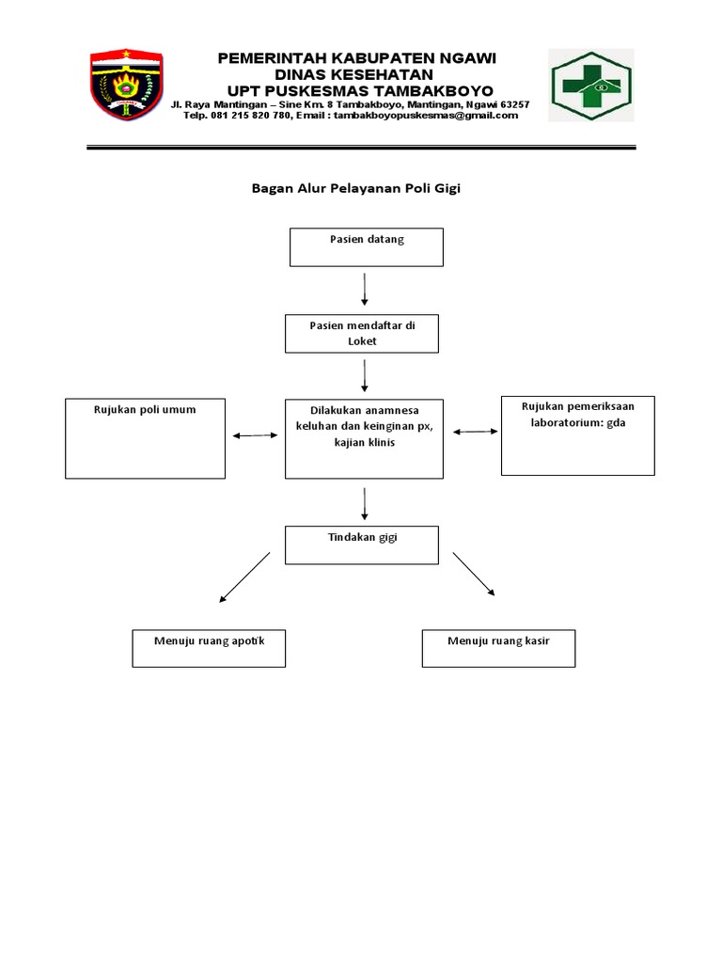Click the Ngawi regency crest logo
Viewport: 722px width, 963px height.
(127, 85)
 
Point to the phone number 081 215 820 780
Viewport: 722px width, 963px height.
(239, 116)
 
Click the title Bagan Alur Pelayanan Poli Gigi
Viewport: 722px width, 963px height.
(355, 188)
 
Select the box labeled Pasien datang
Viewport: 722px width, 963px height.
(366, 246)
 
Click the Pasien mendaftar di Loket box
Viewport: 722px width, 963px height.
(362, 334)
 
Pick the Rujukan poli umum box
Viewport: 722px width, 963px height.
(145, 437)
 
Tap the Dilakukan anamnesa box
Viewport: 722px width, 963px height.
(364, 437)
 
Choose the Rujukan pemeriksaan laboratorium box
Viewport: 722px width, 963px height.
(577, 434)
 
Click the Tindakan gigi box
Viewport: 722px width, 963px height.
(362, 545)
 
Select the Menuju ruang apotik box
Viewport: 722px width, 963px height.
(209, 648)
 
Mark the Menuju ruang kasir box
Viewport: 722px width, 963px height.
(498, 648)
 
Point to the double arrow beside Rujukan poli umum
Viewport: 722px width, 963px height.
(255, 435)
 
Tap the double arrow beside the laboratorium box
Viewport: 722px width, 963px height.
(476, 431)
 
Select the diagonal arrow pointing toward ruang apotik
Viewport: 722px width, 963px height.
(244, 576)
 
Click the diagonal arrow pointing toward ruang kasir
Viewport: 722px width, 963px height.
(474, 574)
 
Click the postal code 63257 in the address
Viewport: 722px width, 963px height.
(514, 104)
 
